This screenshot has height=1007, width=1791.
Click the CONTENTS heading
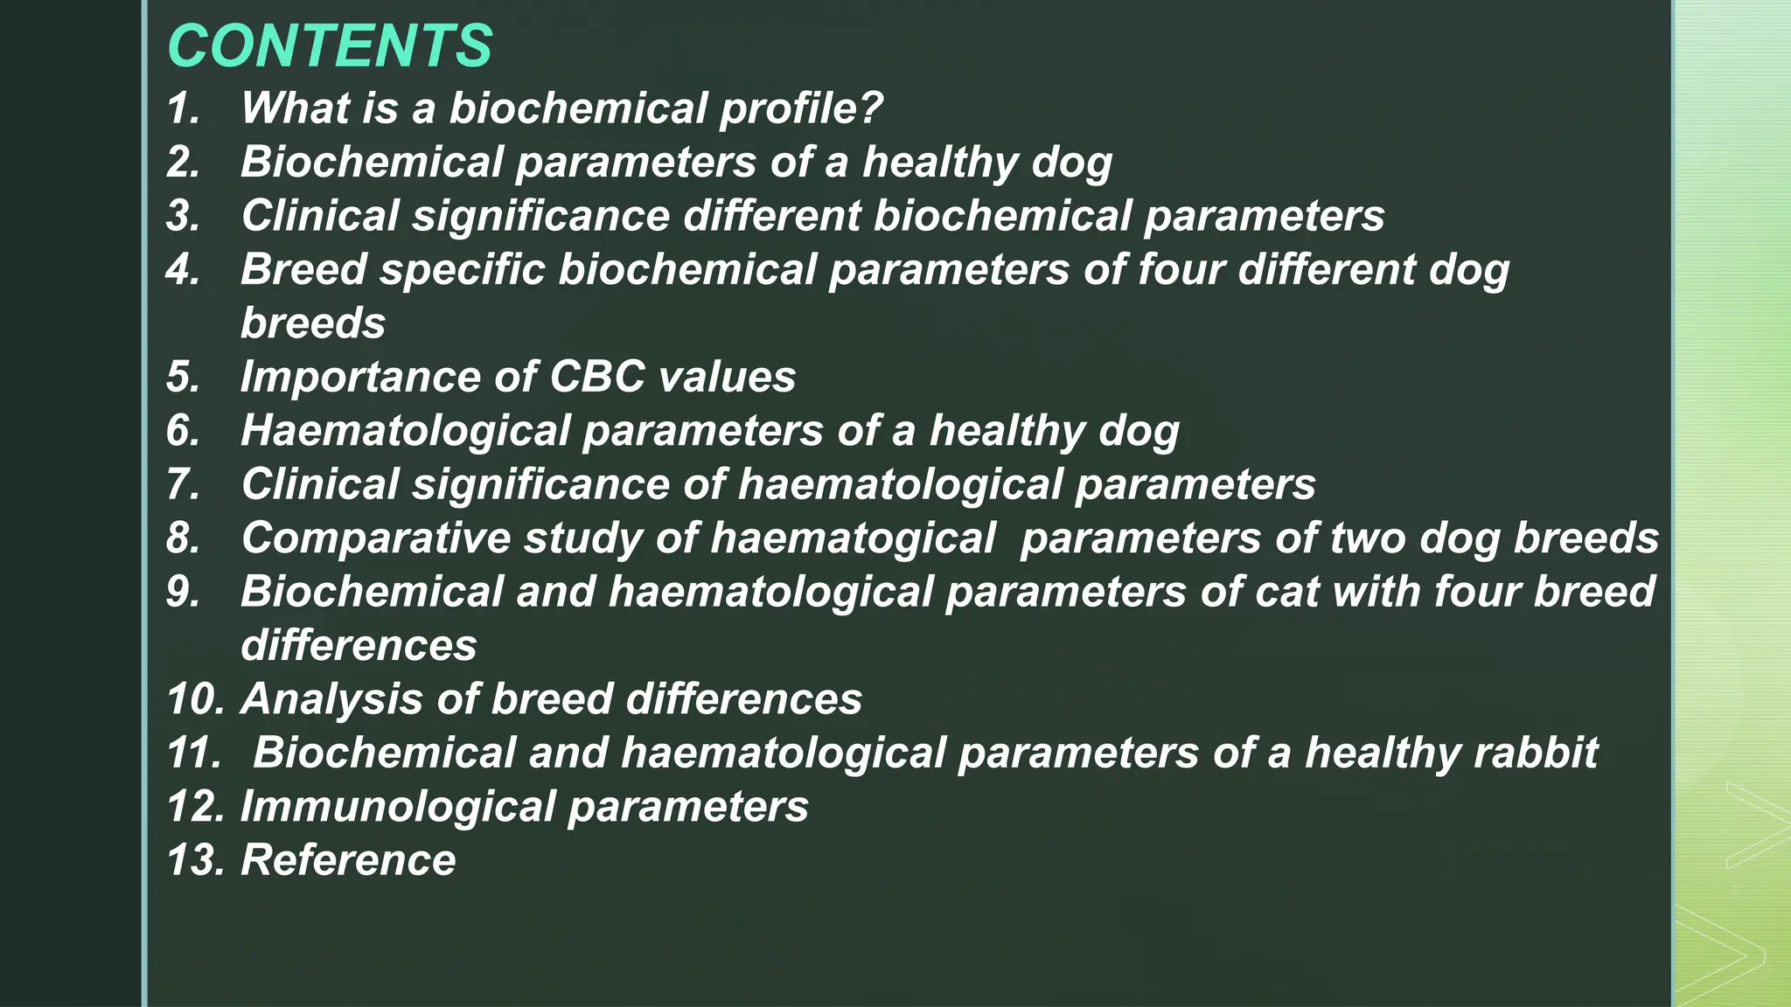(330, 45)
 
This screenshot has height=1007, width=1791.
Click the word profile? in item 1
(800, 109)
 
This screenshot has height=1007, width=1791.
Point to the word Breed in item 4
(303, 269)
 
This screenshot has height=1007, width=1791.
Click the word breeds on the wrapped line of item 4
(312, 323)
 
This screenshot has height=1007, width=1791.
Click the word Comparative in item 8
(376, 538)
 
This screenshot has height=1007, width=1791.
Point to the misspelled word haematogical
(853, 538)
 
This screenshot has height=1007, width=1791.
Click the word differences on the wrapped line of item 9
(359, 646)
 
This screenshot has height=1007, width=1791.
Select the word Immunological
(398, 807)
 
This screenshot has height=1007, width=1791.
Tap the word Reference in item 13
(348, 860)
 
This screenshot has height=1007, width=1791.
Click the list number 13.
(196, 860)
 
